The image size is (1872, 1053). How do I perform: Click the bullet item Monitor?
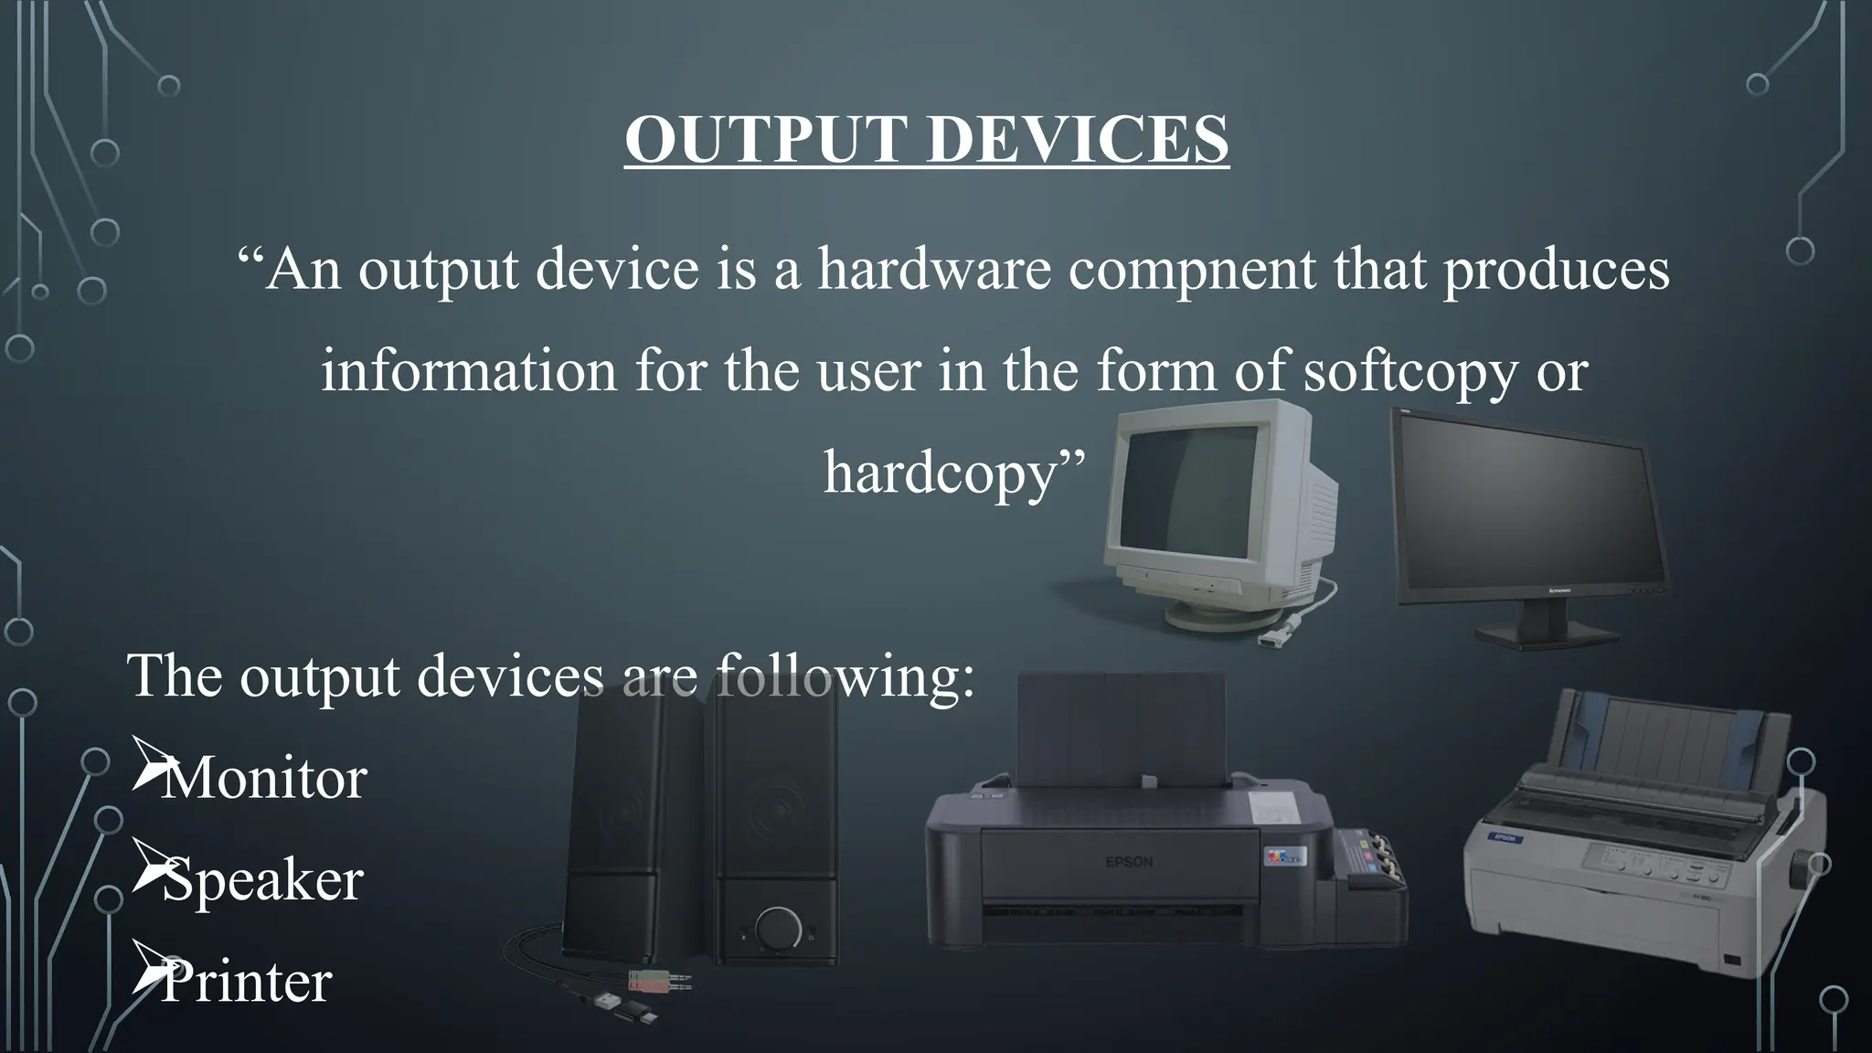pos(263,778)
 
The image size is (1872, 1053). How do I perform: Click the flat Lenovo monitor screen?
pos(1517,507)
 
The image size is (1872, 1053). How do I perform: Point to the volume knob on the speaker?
pos(777,929)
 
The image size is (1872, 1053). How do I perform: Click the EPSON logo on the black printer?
pos(1129,862)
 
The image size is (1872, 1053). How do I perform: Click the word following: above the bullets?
pos(844,676)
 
